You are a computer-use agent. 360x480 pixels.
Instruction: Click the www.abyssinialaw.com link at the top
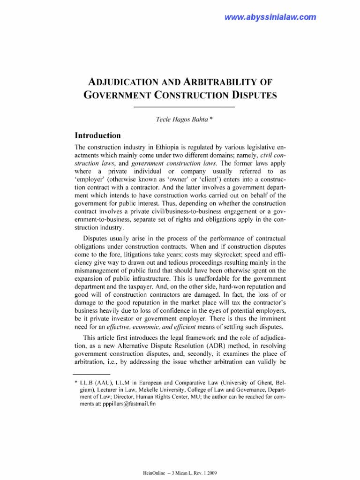(270, 17)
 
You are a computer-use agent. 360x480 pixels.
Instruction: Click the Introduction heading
(98, 135)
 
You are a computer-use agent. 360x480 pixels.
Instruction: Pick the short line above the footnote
(91, 375)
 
